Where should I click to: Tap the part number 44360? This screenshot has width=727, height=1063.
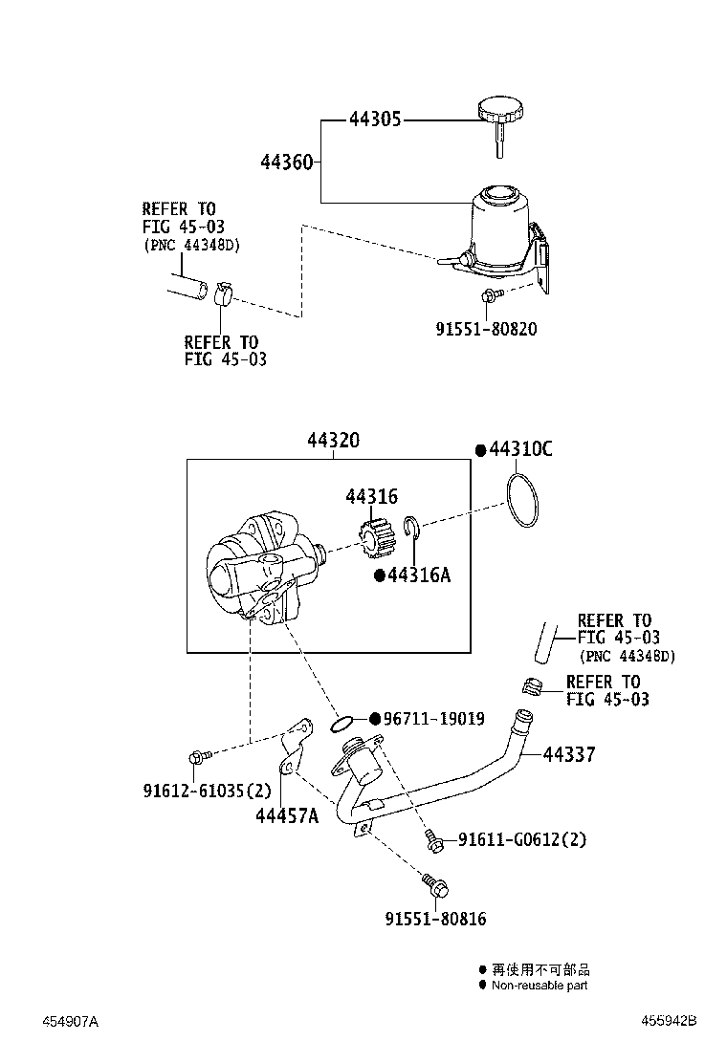point(286,162)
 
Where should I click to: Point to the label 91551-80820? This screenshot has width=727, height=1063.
point(486,329)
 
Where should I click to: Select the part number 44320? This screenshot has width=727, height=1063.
point(333,441)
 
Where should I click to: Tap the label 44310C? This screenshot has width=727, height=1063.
point(520,450)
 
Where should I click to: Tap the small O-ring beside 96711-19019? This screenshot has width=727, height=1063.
point(344,723)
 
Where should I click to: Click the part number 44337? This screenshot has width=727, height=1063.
point(569,754)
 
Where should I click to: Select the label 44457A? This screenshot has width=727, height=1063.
point(286,815)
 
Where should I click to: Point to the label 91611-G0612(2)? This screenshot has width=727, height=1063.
point(521,839)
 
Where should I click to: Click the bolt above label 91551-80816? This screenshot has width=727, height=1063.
point(434,884)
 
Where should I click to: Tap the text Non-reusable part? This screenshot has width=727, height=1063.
point(540,986)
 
